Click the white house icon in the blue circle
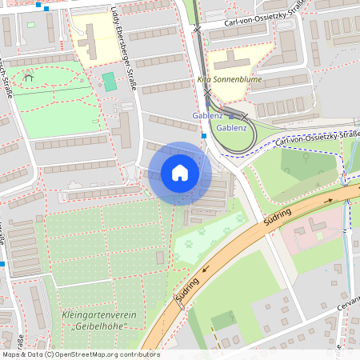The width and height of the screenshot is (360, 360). pyautogui.click(x=180, y=173)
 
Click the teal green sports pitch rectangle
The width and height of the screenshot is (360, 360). pyautogui.click(x=109, y=82)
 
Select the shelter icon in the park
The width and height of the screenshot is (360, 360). pyautogui.click(x=29, y=78)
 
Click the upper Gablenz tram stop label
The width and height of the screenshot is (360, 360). pyautogui.click(x=207, y=116)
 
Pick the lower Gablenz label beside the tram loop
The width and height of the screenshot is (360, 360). pyautogui.click(x=232, y=127)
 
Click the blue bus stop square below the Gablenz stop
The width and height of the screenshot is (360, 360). pyautogui.click(x=205, y=136)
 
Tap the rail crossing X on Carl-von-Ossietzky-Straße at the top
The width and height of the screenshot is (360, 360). pyautogui.click(x=197, y=29)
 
